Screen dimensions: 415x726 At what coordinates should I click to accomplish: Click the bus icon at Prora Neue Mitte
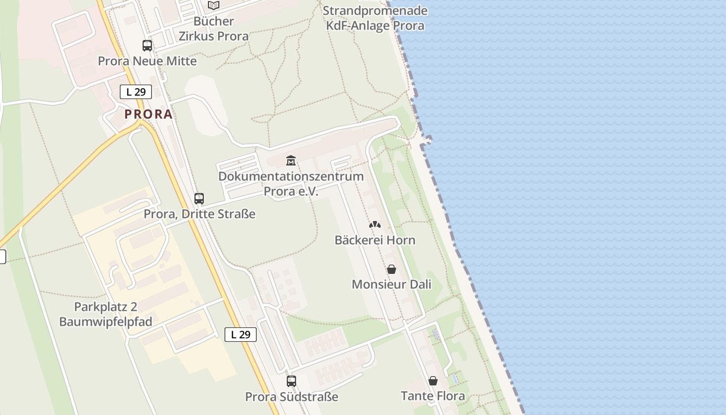pyautogui.click(x=147, y=46)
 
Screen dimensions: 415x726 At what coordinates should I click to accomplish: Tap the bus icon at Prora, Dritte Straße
pyautogui.click(x=199, y=198)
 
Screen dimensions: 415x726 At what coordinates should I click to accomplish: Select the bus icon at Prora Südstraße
pyautogui.click(x=291, y=381)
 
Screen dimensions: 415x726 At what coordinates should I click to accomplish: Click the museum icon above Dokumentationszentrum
pyautogui.click(x=290, y=161)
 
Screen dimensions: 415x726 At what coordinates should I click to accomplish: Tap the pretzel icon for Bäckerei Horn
pyautogui.click(x=375, y=225)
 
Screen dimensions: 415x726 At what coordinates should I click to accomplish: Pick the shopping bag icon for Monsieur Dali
pyautogui.click(x=392, y=269)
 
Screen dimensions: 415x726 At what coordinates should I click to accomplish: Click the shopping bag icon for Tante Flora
pyautogui.click(x=433, y=381)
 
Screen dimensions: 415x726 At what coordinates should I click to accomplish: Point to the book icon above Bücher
pyautogui.click(x=214, y=6)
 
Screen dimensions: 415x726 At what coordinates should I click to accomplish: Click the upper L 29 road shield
pyautogui.click(x=136, y=92)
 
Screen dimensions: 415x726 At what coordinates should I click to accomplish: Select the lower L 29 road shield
pyautogui.click(x=241, y=335)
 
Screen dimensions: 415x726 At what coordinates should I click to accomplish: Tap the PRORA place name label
pyautogui.click(x=148, y=114)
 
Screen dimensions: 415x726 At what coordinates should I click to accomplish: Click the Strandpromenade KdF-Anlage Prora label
pyautogui.click(x=375, y=18)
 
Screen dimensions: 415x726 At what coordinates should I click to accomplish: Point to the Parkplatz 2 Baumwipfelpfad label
pyautogui.click(x=106, y=314)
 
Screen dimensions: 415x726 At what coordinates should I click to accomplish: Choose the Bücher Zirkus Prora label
pyautogui.click(x=214, y=29)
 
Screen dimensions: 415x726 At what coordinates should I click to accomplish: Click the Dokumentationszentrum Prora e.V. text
pyautogui.click(x=291, y=184)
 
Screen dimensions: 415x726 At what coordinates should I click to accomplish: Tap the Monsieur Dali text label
pyautogui.click(x=392, y=284)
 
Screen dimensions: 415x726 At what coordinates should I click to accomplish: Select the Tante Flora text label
pyautogui.click(x=433, y=396)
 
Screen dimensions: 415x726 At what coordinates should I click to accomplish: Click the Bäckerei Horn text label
pyautogui.click(x=375, y=240)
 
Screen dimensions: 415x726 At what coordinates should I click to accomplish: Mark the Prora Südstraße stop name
pyautogui.click(x=291, y=397)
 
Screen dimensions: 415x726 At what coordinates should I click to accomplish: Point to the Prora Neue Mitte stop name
pyautogui.click(x=147, y=61)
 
